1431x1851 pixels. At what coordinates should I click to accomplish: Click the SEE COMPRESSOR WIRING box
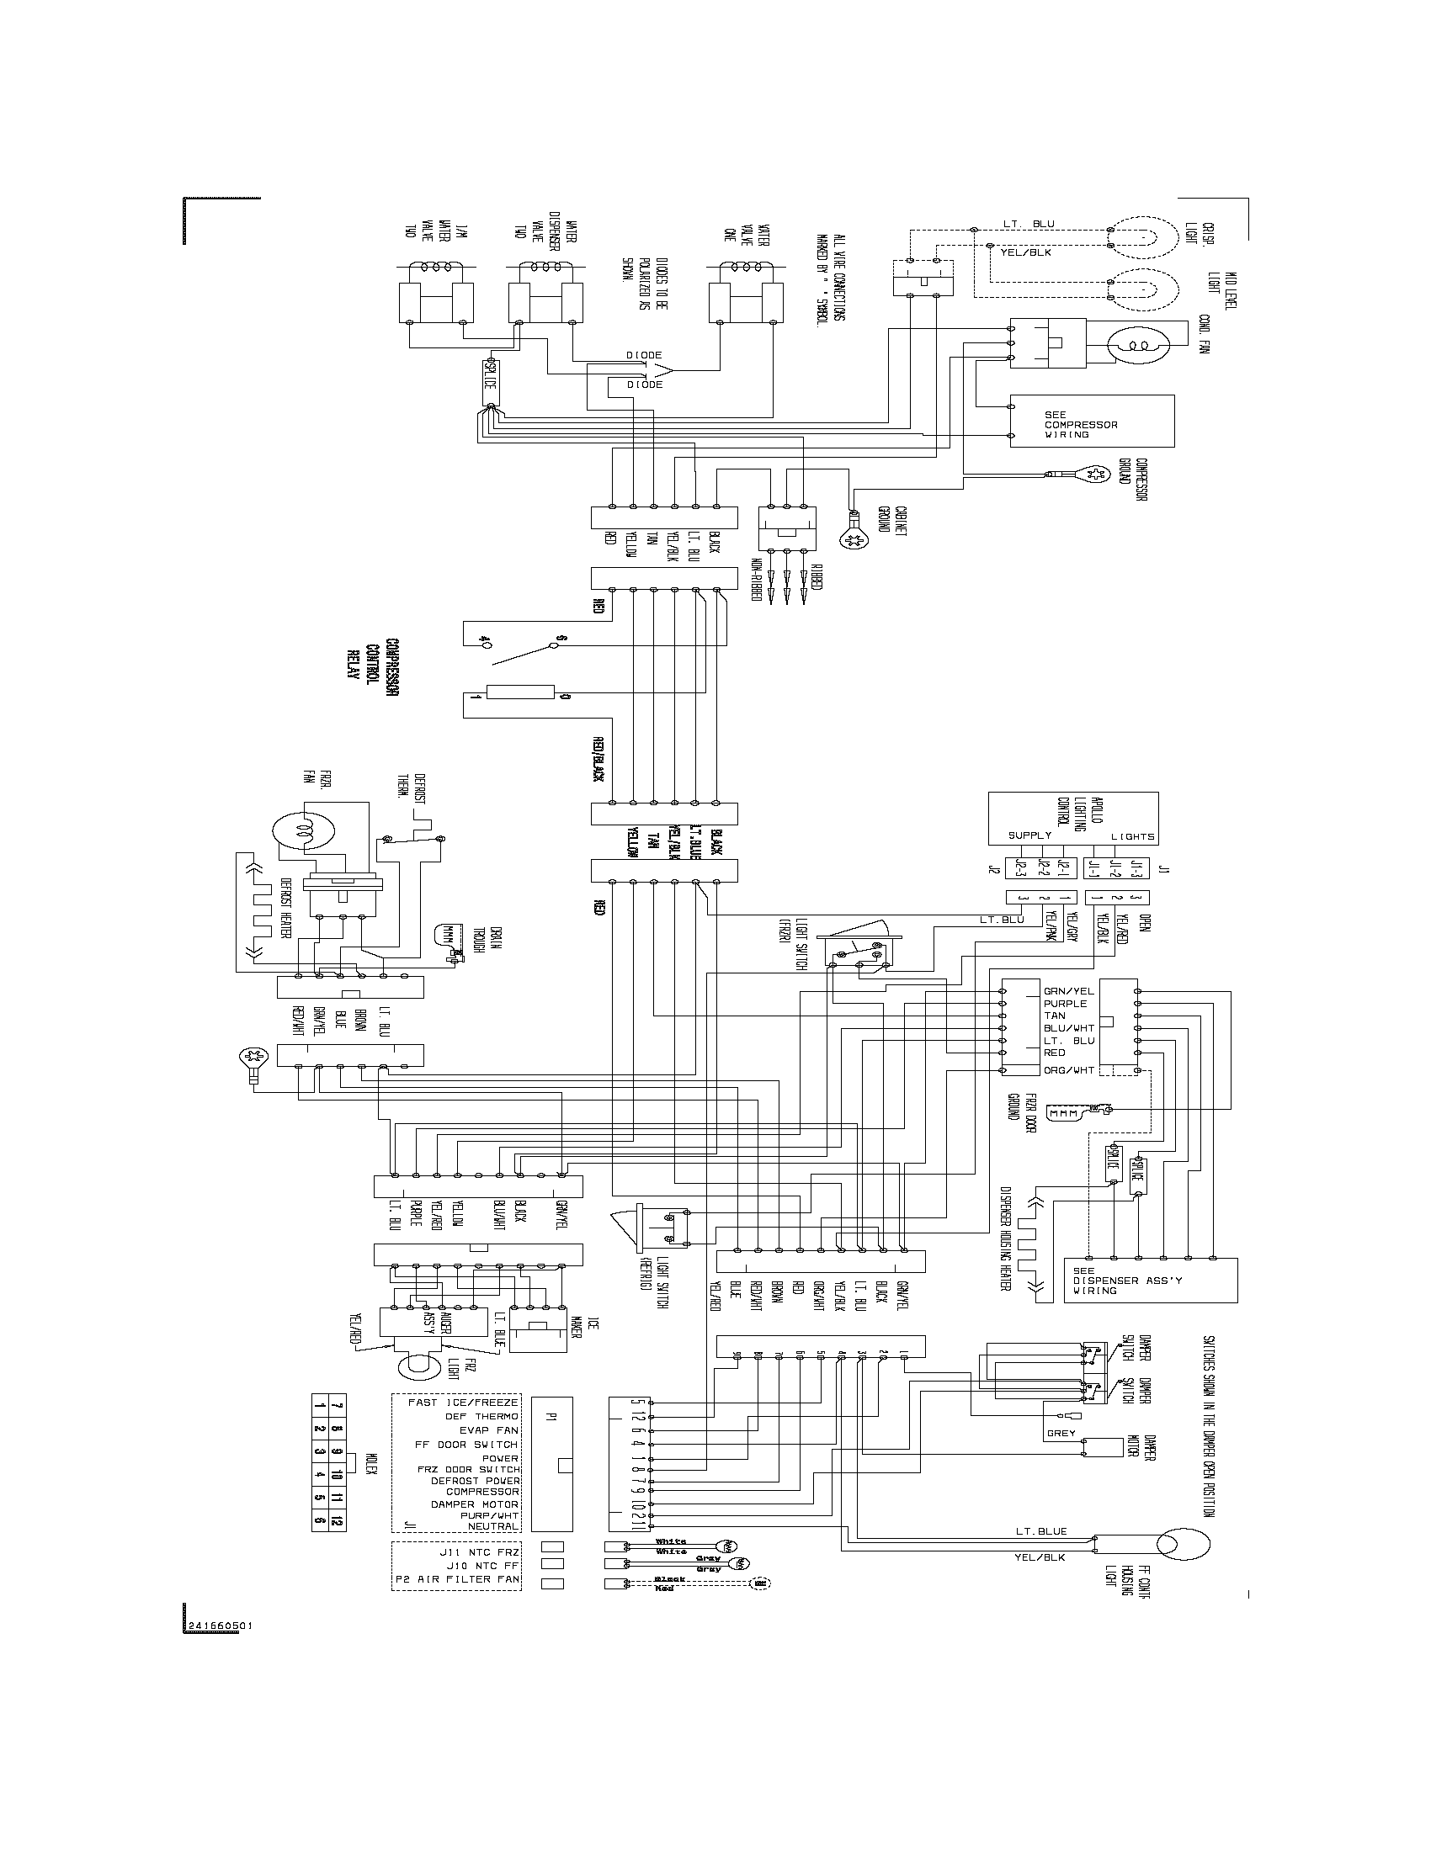click(1092, 422)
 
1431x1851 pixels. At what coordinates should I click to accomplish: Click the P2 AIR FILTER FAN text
click(458, 1580)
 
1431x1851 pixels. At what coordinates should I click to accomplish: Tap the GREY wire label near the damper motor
click(1061, 1434)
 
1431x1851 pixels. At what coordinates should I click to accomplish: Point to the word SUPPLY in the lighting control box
click(1029, 835)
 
